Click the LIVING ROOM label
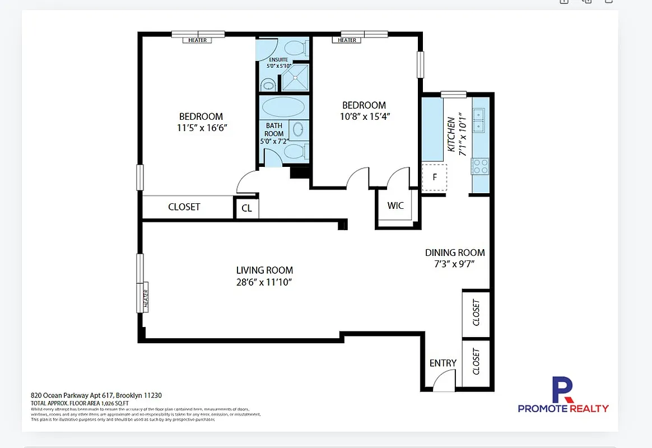[264, 270]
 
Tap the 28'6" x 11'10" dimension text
[264, 282]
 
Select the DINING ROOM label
[455, 253]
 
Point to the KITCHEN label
[451, 134]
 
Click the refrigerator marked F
[435, 178]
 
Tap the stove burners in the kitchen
[480, 166]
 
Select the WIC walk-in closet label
[395, 206]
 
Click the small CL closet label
[246, 208]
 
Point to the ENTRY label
[443, 363]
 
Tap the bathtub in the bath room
[283, 106]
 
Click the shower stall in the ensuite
[295, 77]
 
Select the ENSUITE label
[278, 59]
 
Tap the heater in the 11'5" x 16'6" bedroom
[197, 40]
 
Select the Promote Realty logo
[563, 395]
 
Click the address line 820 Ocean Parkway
[96, 395]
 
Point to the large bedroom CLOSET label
[184, 207]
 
